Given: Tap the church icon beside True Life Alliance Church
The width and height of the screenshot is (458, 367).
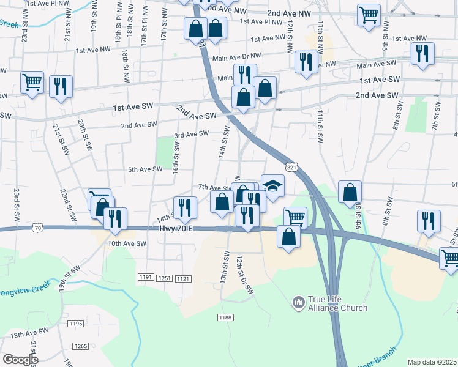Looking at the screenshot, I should coord(299,302).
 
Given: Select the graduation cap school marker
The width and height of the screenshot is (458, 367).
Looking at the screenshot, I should coord(273,185).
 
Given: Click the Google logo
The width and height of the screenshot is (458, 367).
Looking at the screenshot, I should coord(20,359).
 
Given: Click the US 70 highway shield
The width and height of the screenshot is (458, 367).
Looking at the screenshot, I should coord(38,228).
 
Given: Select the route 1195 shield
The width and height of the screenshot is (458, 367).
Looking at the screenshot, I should coord(76,323).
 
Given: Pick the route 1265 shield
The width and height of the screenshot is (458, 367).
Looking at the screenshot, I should coord(81,346).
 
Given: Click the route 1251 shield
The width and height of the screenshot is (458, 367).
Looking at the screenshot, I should coord(164,278).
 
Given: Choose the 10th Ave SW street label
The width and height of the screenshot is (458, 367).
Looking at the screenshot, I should coord(127,243).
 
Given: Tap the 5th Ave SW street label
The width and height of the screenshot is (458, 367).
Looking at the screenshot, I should coord(145,169).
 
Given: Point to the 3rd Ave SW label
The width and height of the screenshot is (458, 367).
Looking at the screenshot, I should coord(192,134).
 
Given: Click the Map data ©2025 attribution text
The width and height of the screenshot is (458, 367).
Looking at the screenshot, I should coord(432,362).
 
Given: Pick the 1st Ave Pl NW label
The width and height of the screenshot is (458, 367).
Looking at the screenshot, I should coord(261,21).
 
